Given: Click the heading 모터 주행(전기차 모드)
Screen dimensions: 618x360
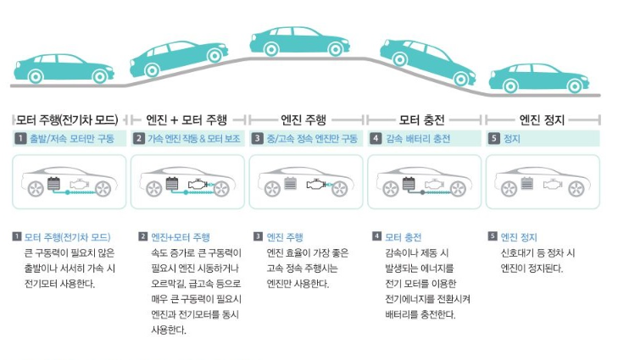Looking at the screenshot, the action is [x=67, y=119].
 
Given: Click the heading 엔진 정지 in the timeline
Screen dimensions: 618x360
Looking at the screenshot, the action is [x=542, y=119].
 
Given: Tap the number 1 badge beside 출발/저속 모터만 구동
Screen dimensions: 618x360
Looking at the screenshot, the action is [x=19, y=138].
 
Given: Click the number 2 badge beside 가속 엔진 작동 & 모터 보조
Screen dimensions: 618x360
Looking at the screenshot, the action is [x=140, y=138].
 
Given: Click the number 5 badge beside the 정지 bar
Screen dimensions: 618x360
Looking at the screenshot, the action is [x=493, y=138].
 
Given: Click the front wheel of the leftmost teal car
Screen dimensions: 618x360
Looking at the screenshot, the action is [x=82, y=75].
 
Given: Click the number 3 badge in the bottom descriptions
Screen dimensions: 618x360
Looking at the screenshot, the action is [x=258, y=237].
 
